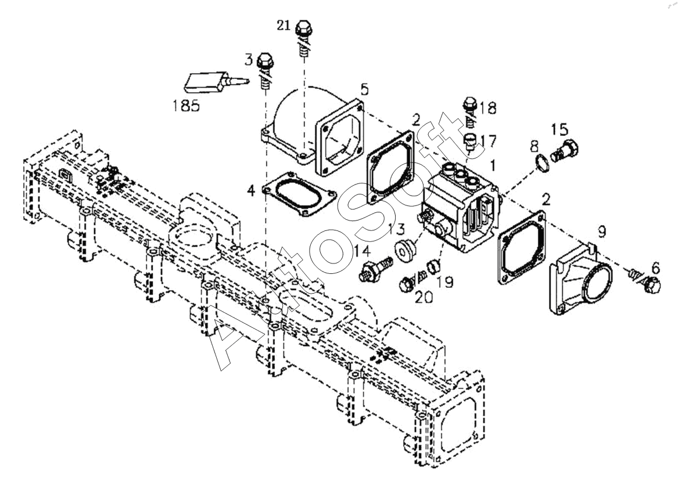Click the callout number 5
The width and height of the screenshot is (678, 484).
pyautogui.click(x=364, y=89)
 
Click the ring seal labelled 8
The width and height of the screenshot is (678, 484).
pyautogui.click(x=541, y=164)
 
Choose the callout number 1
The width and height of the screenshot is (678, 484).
pyautogui.click(x=493, y=165)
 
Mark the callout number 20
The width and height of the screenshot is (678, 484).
pyautogui.click(x=423, y=297)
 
